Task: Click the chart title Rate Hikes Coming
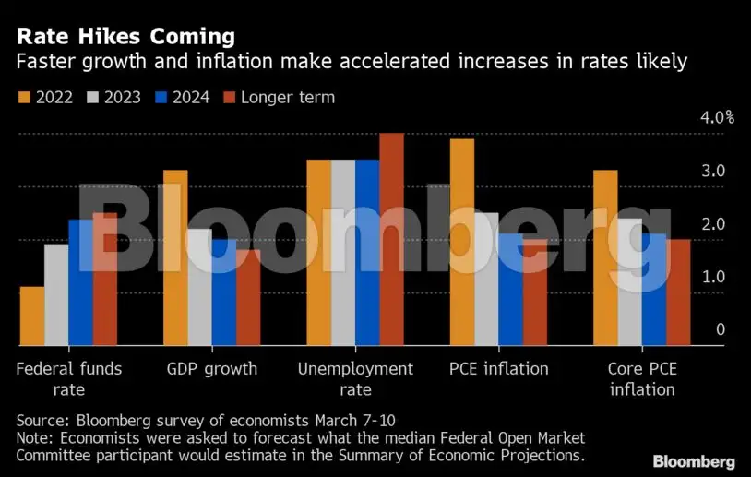[x=124, y=37]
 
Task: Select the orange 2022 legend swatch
[x=23, y=97]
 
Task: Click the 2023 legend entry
[x=113, y=97]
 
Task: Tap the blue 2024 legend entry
[x=185, y=97]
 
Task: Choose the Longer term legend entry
[x=278, y=97]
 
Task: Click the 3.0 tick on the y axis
[x=714, y=172]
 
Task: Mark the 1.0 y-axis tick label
[x=714, y=277]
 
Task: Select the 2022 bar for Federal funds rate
[x=32, y=316]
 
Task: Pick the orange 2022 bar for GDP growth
[x=175, y=257]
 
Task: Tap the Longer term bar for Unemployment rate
[x=391, y=239]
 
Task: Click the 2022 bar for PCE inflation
[x=461, y=242]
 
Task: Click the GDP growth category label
[x=212, y=369]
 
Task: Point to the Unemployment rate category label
[x=355, y=378]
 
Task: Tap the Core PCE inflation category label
[x=641, y=378]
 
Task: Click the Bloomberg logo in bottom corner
[x=694, y=461]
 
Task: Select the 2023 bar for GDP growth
[x=199, y=287]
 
